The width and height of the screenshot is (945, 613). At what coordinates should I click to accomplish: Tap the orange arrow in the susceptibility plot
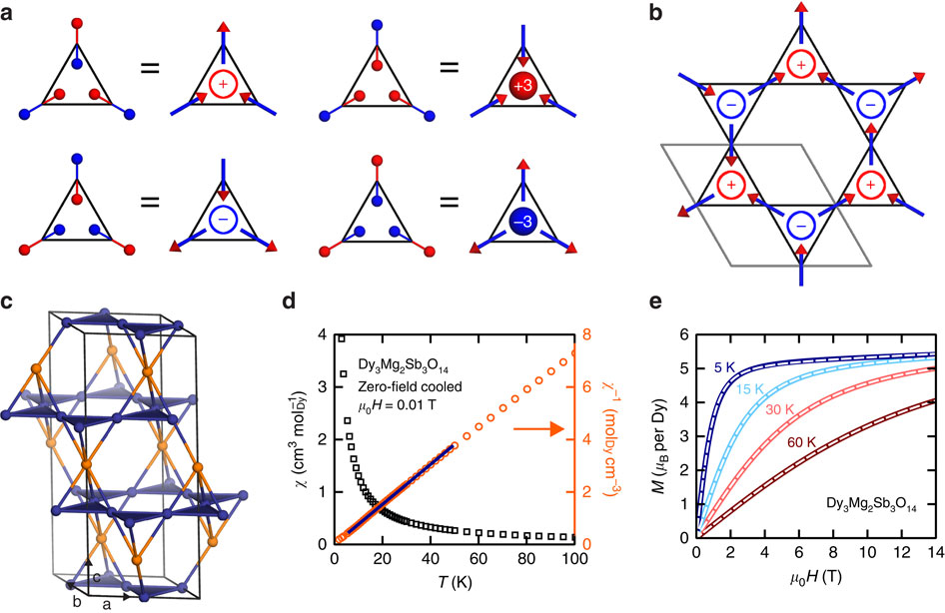(x=538, y=428)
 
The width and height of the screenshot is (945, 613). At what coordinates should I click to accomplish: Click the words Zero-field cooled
(x=410, y=386)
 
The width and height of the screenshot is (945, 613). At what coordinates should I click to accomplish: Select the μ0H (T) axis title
(x=815, y=577)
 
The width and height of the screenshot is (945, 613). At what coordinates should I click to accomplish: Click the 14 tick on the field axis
(x=936, y=553)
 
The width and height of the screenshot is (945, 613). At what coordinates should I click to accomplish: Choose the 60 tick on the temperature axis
(x=478, y=559)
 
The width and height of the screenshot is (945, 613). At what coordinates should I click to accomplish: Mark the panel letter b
(x=657, y=12)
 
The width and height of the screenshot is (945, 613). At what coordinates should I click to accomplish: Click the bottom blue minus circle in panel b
(x=801, y=226)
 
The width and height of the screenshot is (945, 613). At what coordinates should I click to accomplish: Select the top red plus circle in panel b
(x=801, y=65)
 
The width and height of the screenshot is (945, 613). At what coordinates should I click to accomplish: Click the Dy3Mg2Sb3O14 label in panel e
(x=871, y=504)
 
